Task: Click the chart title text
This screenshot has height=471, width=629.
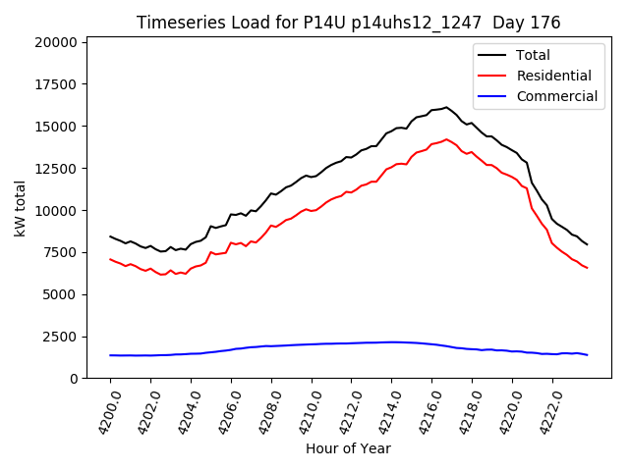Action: pos(348,23)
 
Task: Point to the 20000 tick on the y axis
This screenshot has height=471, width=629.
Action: pos(56,42)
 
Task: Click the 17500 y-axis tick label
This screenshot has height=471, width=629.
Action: pos(56,84)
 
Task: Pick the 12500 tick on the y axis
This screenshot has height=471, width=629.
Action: pos(56,169)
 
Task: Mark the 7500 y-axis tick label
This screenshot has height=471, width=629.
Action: pos(59,252)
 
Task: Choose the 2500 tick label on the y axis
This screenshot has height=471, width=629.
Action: pos(59,337)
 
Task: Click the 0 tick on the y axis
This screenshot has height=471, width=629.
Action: pos(74,379)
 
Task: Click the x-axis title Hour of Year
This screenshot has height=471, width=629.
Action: pos(348,448)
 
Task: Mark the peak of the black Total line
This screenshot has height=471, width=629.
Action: pos(446,107)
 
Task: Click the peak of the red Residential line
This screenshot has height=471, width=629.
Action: pos(446,139)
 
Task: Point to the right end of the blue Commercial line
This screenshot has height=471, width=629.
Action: pos(587,355)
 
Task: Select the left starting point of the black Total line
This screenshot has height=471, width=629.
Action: pos(110,236)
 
